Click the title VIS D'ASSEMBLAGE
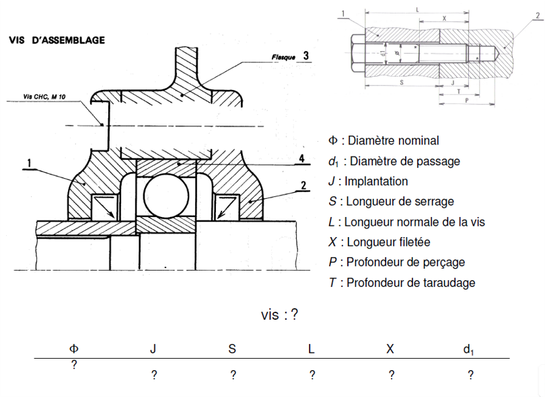click(x=57, y=40)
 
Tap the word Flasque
click(x=283, y=58)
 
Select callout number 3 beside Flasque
click(x=306, y=56)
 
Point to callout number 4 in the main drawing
click(x=303, y=159)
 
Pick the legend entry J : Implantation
click(x=368, y=181)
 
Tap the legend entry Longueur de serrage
click(x=391, y=201)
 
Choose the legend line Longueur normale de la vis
click(x=406, y=222)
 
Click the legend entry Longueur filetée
click(x=379, y=242)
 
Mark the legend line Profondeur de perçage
click(x=397, y=262)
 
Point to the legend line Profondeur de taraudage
click(x=402, y=282)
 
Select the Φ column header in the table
click(x=74, y=349)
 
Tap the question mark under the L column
click(x=311, y=376)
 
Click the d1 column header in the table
click(x=469, y=349)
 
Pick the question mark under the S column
click(x=233, y=376)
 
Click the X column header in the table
click(x=390, y=349)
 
